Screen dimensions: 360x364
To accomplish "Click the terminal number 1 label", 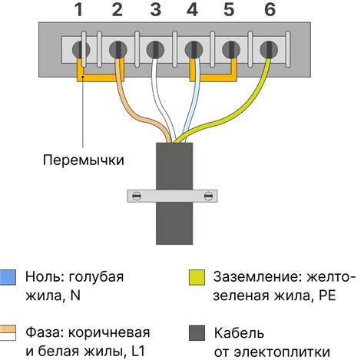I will (x=79, y=10).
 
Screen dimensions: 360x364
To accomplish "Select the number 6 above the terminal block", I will (x=267, y=10).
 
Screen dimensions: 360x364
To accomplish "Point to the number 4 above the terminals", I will (x=192, y=10).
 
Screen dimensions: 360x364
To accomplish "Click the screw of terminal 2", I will (x=117, y=48).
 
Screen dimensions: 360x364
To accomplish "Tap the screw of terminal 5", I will (x=230, y=48).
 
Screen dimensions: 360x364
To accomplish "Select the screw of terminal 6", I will (x=267, y=48).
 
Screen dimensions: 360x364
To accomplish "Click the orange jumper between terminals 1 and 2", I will (x=97, y=78).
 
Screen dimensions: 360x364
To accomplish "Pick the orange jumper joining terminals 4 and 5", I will (x=212, y=78).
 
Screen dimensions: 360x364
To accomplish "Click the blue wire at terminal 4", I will (x=194, y=100).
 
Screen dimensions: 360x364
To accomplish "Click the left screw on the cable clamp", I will (x=136, y=197).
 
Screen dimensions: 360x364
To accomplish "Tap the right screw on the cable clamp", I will (x=207, y=197).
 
